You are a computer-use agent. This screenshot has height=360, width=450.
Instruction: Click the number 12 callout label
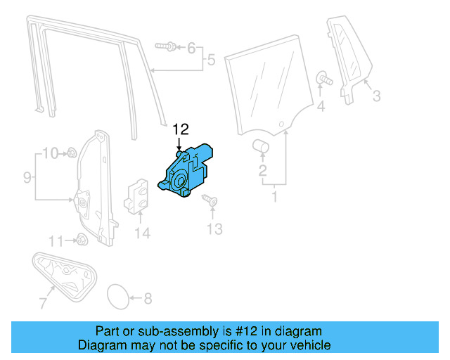pos(181,129)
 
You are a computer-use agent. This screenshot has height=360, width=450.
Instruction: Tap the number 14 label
pos(143,233)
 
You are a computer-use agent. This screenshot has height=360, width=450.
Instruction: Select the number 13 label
pos(214,228)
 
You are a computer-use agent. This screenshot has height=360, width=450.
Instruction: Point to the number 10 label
pos(50,153)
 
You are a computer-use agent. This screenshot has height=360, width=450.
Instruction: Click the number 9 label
pos(27,178)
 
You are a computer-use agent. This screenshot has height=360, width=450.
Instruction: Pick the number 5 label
pos(210,61)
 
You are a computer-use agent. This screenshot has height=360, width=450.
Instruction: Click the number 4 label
pos(321,106)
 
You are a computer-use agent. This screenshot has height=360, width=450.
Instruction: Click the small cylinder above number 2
pos(262,146)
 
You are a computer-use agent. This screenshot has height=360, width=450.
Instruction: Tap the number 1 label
pos(274,197)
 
